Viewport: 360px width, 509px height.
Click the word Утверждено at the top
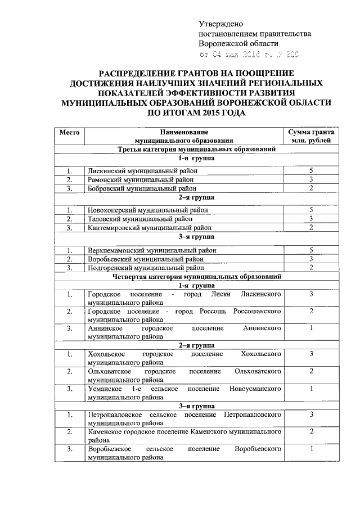220,24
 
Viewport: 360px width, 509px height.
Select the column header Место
69,132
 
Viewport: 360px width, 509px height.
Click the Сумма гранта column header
310,136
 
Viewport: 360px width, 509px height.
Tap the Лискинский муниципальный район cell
140,170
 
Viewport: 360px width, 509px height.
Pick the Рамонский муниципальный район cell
138,179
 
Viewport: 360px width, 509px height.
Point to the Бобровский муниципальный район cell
140,188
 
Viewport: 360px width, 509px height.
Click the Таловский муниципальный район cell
137,219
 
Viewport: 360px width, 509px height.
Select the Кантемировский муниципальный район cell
149,228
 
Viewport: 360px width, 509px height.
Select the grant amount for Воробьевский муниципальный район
310,258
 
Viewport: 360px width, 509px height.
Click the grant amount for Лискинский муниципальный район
310,170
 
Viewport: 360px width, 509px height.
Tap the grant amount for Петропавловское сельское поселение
310,415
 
